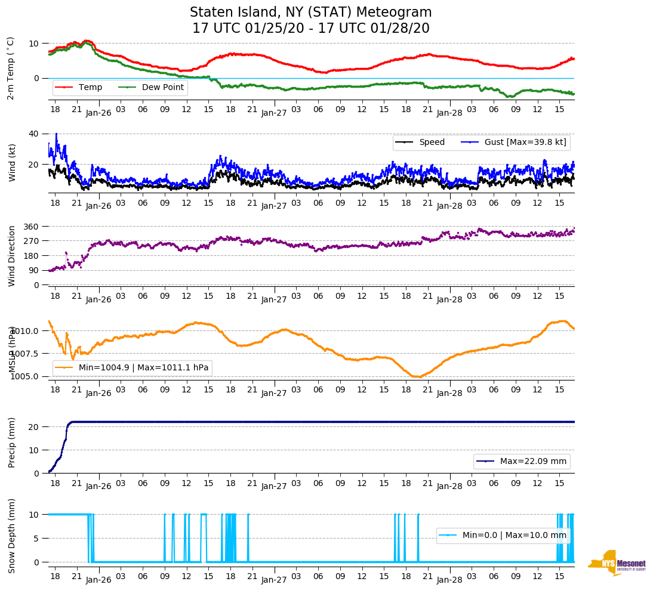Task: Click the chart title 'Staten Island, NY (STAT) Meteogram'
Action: tap(310, 13)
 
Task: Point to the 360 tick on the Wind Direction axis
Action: tap(31, 227)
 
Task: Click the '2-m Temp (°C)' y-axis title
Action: tap(11, 68)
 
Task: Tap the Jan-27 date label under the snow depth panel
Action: tap(274, 580)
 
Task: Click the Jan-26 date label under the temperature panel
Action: tap(98, 113)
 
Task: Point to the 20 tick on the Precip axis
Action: tap(35, 427)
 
